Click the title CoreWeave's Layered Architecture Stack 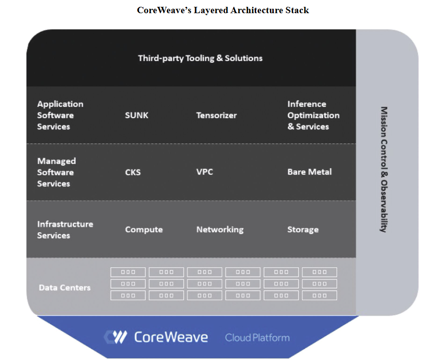(222, 10)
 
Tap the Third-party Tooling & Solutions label (200, 58)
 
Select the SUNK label (137, 116)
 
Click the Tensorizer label (216, 116)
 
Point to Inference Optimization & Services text (313, 115)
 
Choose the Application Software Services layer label (60, 115)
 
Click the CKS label (133, 172)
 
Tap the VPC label (204, 172)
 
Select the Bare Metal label (309, 172)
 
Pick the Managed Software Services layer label (56, 172)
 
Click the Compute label (144, 230)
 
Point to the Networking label (220, 230)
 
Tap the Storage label (303, 230)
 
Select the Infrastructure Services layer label (65, 230)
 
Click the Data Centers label (64, 288)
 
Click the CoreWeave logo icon (116, 337)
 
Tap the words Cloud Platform (257, 338)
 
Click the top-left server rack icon (128, 272)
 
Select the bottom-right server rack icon (320, 296)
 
